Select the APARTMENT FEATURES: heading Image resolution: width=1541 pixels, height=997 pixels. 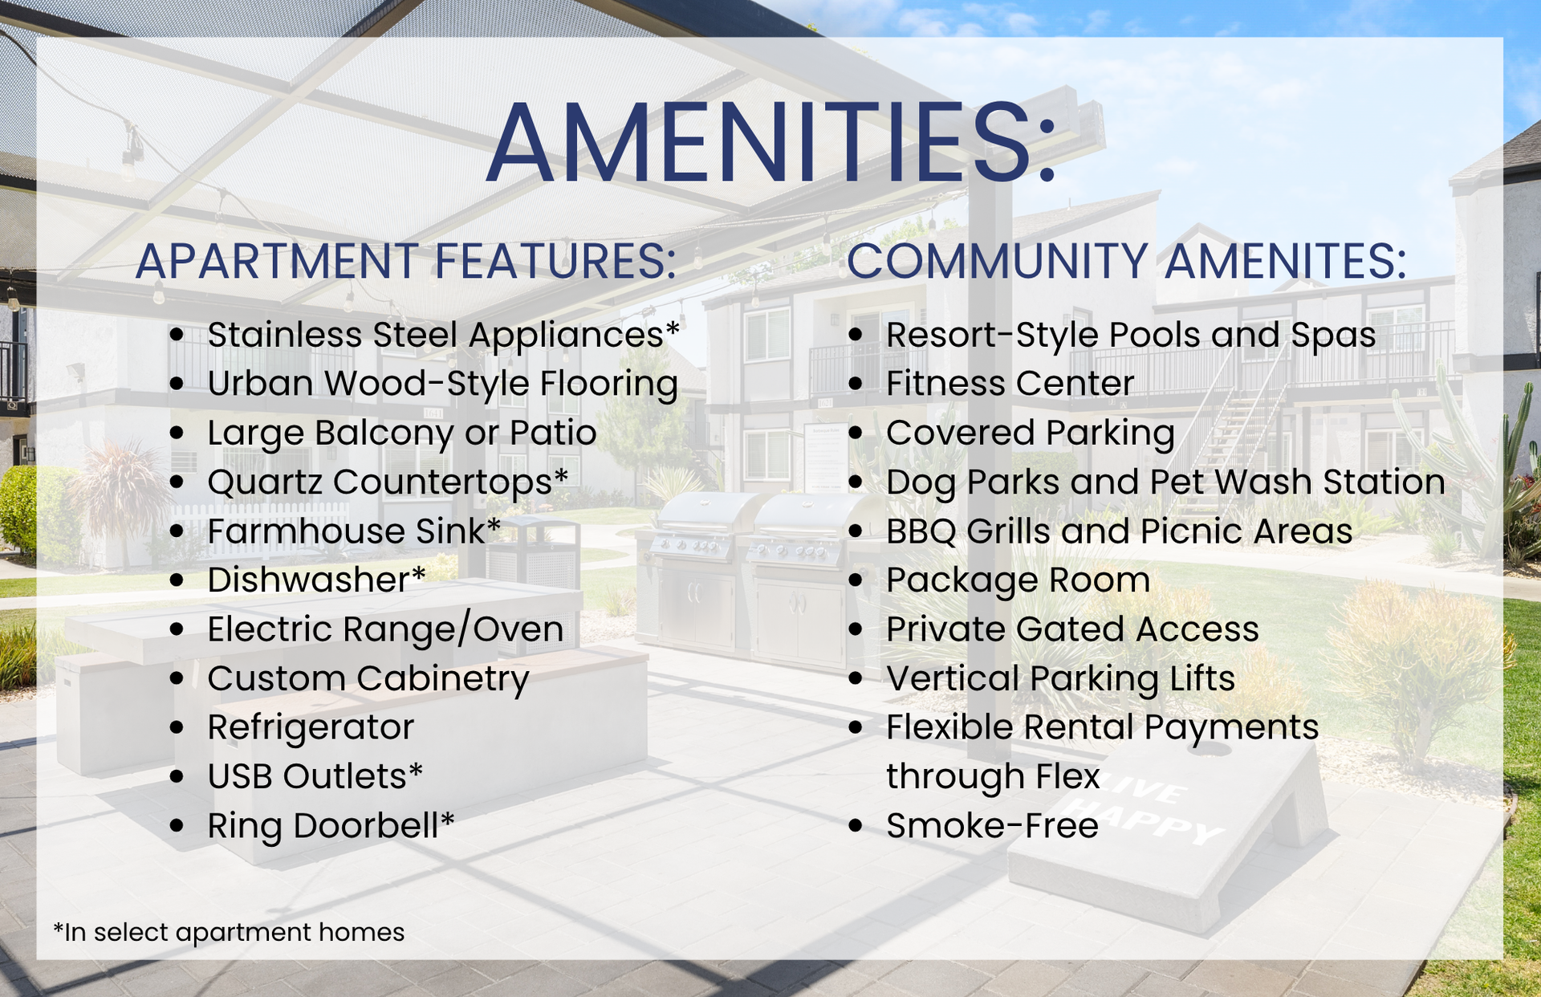click(x=406, y=261)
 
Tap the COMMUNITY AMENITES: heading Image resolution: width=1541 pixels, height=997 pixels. click(x=1127, y=261)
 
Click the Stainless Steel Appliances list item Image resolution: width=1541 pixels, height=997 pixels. click(x=444, y=336)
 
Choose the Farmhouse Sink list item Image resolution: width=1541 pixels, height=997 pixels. click(x=354, y=531)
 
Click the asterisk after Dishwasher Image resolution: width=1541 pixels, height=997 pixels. click(x=419, y=573)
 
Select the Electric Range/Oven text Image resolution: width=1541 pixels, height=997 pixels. click(x=385, y=629)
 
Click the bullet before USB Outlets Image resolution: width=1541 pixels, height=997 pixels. click(x=177, y=777)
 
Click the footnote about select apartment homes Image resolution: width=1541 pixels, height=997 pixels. click(x=229, y=932)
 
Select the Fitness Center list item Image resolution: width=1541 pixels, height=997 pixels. click(x=1010, y=384)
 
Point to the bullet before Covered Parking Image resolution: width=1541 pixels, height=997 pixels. click(x=856, y=433)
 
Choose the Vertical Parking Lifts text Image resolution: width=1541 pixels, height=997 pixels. click(x=1060, y=679)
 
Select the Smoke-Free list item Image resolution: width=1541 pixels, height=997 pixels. click(x=992, y=826)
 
